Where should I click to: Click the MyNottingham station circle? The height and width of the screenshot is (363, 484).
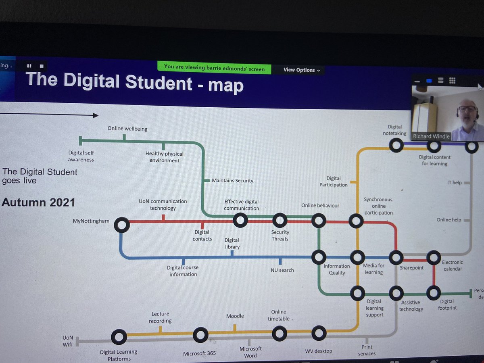[122, 225]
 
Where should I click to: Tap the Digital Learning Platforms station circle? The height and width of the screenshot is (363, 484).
[119, 336]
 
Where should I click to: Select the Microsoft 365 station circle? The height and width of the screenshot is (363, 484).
[200, 335]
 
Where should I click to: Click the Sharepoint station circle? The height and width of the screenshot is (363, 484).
[396, 257]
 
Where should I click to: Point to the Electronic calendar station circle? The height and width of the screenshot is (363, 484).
[434, 257]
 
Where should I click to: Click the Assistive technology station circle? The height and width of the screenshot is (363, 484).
[396, 293]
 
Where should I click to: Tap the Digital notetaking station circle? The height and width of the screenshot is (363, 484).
[396, 145]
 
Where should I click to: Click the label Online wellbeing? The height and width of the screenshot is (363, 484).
[127, 129]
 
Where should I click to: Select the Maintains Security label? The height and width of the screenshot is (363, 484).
[233, 181]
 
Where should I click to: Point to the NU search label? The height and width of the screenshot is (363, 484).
[282, 270]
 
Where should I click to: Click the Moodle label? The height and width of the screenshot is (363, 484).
[235, 316]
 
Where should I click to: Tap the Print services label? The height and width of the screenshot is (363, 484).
[367, 350]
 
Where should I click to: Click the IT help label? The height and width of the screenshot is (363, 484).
[454, 183]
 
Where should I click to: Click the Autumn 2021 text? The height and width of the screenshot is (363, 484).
[39, 202]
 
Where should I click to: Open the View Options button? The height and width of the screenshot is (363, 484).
[302, 70]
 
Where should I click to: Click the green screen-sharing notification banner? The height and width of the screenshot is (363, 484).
[214, 67]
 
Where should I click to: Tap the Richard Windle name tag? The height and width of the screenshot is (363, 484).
[431, 136]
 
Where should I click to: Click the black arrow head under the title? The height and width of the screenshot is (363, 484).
[95, 115]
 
